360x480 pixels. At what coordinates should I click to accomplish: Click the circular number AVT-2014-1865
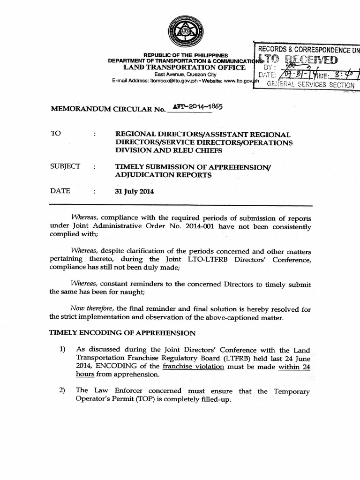pyautogui.click(x=197, y=107)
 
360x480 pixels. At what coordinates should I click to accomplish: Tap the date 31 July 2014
pyautogui.click(x=135, y=191)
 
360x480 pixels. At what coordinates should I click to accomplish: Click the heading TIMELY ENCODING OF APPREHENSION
pyautogui.click(x=122, y=333)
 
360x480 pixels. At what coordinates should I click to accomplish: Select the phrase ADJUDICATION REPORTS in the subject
pyautogui.click(x=163, y=175)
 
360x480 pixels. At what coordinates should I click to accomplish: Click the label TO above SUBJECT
pyautogui.click(x=56, y=134)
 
